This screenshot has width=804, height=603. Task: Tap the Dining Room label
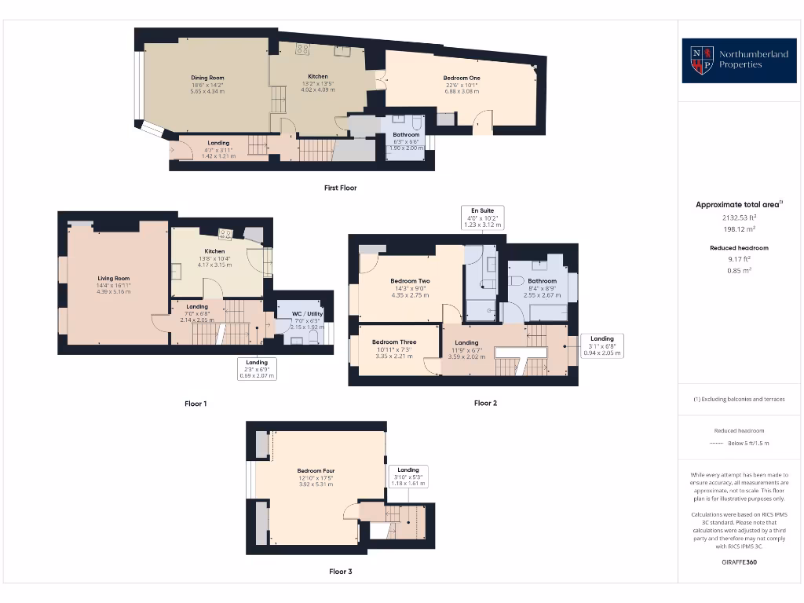207,78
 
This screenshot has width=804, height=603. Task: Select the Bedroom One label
461,79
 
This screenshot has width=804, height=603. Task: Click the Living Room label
113,278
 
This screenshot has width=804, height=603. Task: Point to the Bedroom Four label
316,471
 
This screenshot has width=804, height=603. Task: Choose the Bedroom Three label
394,342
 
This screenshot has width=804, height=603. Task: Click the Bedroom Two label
410,281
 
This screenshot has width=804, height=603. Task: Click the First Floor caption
340,188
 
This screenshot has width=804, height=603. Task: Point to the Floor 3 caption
340,572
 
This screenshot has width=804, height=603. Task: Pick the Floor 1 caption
196,404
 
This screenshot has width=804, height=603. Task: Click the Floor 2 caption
485,404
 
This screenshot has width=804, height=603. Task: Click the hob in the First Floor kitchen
302,49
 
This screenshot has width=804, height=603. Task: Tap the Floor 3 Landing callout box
408,477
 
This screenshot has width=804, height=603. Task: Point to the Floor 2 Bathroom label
542,281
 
